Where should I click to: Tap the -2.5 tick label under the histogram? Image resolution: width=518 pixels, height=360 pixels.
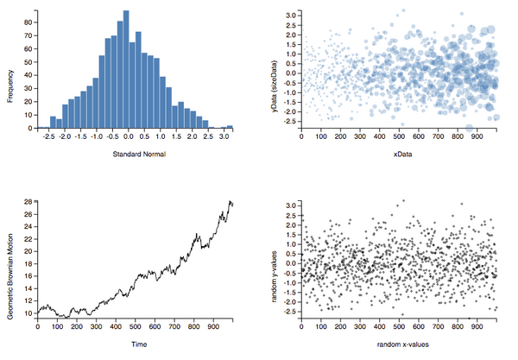[x=49, y=136]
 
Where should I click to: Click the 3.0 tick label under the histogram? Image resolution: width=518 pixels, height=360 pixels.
[x=223, y=136]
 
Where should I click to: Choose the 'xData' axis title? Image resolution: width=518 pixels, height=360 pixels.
[x=401, y=155]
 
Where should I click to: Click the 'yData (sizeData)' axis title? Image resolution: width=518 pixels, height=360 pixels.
[x=275, y=87]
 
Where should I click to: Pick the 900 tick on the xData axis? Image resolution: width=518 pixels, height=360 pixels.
[x=479, y=136]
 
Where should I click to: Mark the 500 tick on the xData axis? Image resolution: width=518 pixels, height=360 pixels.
[x=400, y=136]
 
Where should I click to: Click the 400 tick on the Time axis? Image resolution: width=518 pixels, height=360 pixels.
[x=117, y=326]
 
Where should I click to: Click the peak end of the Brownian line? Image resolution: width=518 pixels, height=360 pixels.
[x=230, y=201]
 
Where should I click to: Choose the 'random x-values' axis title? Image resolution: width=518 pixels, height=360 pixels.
[x=401, y=343]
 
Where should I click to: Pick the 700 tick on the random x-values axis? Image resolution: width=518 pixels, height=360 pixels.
[x=439, y=326]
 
